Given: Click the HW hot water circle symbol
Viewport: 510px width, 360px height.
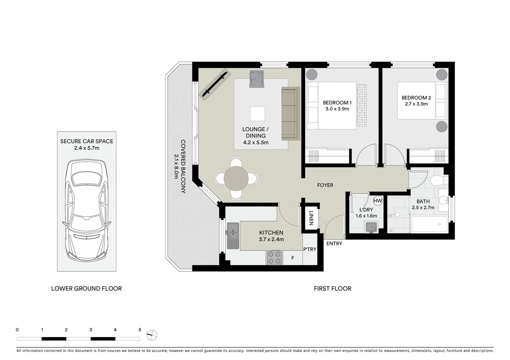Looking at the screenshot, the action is coord(378,201).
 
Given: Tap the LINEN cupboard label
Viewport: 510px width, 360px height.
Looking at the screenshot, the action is coord(311,218).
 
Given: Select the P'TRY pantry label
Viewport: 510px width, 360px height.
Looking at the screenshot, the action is coord(310,249).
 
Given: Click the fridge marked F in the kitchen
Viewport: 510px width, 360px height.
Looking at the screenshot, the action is coord(293,258).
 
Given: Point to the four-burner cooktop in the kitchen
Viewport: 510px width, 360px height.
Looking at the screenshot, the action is coord(275,258).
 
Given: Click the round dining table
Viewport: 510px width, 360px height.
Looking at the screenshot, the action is coord(236,178).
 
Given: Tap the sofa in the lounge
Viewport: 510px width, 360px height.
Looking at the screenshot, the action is coord(291,114).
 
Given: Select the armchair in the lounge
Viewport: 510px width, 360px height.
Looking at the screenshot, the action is coord(257,79).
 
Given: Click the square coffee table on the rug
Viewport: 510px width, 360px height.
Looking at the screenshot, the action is coord(258,114).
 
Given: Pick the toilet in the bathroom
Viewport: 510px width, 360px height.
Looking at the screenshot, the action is coord(439,181).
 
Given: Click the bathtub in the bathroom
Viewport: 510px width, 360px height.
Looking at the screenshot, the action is coord(429,224).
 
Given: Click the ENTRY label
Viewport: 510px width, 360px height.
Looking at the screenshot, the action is coord(334,243).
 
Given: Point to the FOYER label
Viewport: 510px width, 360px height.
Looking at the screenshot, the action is coord(325,185).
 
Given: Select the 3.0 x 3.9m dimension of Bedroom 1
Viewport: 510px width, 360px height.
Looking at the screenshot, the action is coord(337,109).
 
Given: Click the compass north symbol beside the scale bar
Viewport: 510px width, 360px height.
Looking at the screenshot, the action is coord(152,335).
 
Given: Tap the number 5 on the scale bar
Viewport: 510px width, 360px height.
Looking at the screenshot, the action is coord(140,330).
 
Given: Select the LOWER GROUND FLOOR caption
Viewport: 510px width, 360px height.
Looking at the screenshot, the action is coord(86,289).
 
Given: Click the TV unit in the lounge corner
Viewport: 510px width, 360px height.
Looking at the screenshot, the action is coord(215,84).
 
